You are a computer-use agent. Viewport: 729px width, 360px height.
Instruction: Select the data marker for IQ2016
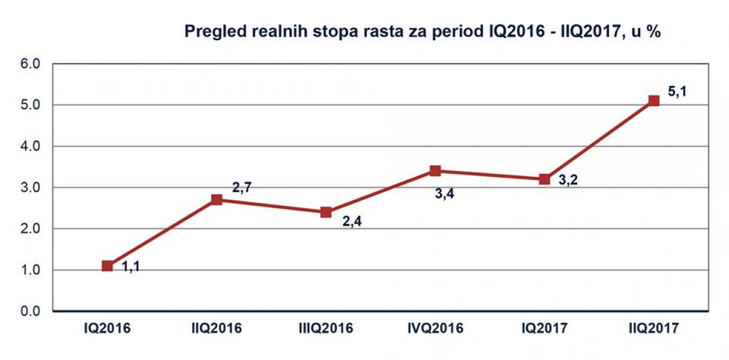coord(107,266)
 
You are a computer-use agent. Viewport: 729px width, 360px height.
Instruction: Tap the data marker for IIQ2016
coord(217,200)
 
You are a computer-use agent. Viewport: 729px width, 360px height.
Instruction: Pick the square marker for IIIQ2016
coord(326,212)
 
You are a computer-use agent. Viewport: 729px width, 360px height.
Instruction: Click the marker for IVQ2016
coord(436,171)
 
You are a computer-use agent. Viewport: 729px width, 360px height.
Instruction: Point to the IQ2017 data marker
coord(544,179)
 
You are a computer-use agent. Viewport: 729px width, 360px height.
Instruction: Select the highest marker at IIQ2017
coord(653,101)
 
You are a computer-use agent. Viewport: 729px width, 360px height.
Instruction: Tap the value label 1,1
coord(131,268)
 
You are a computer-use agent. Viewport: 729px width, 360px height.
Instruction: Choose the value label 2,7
coord(241,188)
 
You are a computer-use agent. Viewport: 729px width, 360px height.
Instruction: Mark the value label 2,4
coord(351,221)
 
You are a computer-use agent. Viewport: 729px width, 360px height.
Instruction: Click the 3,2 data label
coord(567,179)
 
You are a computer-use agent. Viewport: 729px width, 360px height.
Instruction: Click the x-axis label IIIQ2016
coord(326,329)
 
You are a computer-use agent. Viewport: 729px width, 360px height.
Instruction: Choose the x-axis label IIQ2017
coord(653,329)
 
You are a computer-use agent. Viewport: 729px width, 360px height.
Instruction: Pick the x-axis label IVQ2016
coord(436,329)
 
